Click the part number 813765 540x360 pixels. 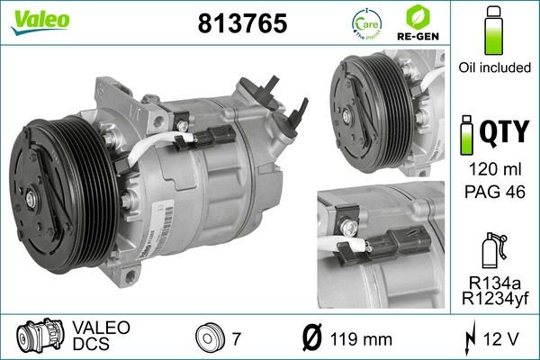click(240, 24)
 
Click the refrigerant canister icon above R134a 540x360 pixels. click(491, 247)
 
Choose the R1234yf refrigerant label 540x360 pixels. click(491, 296)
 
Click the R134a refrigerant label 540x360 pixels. click(491, 278)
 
